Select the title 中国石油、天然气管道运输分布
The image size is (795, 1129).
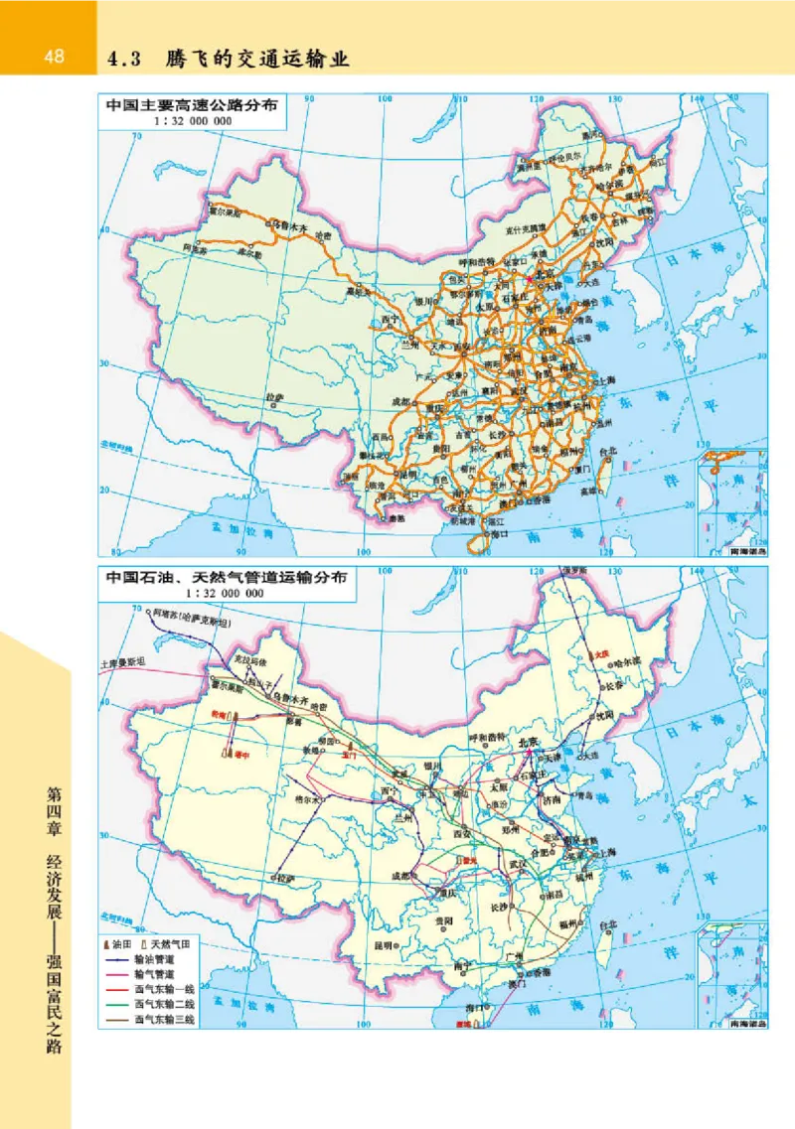pos(227,579)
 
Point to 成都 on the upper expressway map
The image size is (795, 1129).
pos(399,400)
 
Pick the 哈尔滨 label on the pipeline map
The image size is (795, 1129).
pos(629,661)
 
